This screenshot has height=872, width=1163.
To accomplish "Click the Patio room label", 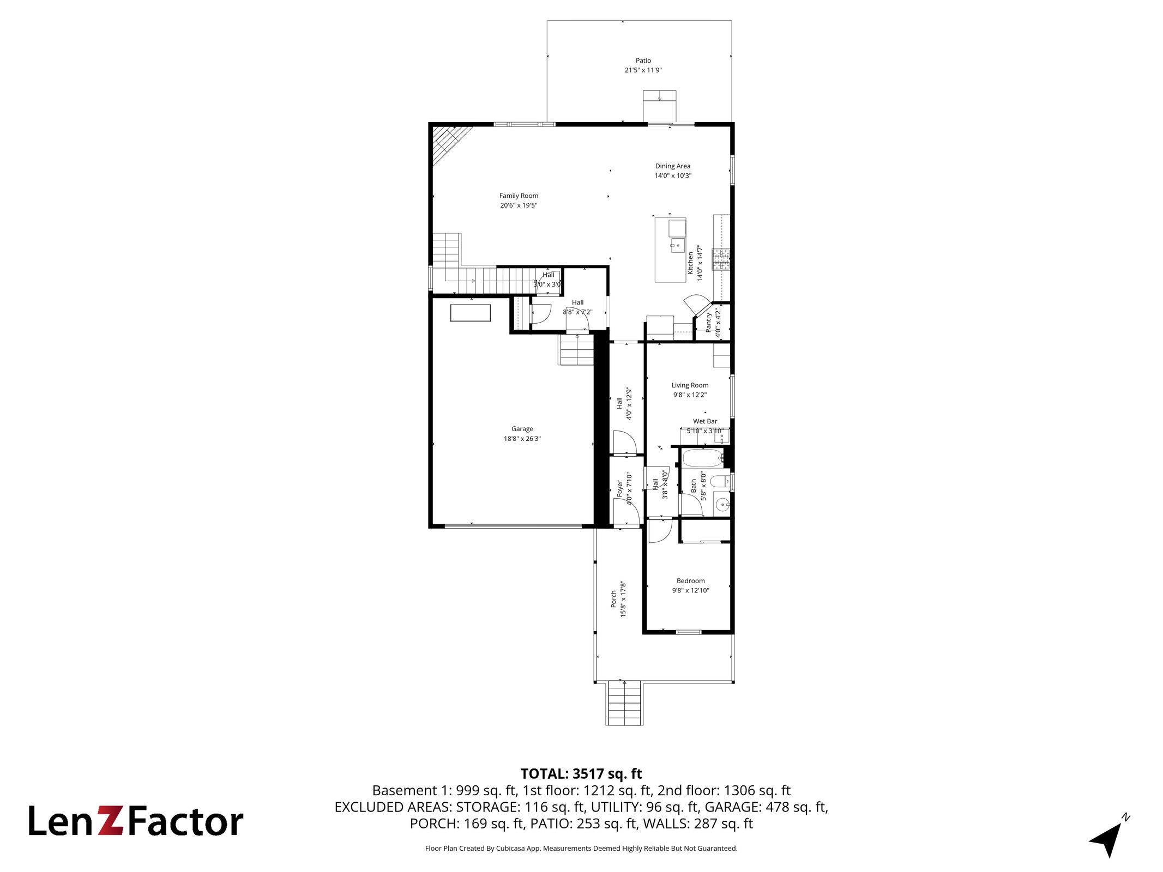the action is click(643, 60).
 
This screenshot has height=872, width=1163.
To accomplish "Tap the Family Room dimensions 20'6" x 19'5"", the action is click(519, 205).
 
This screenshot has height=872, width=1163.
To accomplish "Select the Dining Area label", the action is click(673, 166).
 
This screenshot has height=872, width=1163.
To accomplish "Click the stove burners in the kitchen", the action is click(721, 259).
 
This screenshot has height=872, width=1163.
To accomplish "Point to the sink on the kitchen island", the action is click(677, 246).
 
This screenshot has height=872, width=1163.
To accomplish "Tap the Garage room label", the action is click(522, 429).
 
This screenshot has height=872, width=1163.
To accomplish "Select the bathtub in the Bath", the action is click(703, 458).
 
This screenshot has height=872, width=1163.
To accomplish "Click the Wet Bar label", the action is click(705, 421).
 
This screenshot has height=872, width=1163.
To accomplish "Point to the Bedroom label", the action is click(691, 581).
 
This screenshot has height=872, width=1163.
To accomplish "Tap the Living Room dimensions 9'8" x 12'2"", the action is click(690, 395).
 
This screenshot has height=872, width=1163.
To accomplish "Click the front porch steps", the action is click(624, 704).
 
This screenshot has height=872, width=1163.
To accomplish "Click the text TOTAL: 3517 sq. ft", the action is click(581, 774).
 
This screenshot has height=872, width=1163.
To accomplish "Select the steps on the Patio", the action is click(660, 106).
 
